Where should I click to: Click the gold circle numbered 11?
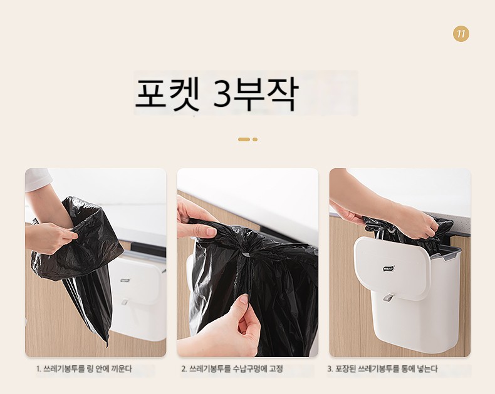coord(461,34)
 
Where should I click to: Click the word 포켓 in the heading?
coord(168,94)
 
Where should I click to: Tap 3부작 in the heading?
coord(255,94)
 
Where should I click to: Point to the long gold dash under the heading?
coord(244,139)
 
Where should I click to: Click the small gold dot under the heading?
coord(255,139)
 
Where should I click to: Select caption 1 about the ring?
coord(84,368)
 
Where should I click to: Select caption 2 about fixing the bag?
coord(232,368)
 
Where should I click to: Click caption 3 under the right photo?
coord(383,368)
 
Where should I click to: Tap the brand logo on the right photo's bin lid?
coord(388,268)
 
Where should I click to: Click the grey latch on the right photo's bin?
coord(388,298)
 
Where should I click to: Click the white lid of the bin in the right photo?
coord(392,267)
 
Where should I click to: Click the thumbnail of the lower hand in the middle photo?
coord(243,299)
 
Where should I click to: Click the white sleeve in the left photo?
coord(38,179)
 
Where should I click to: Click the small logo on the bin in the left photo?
coord(125,280)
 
